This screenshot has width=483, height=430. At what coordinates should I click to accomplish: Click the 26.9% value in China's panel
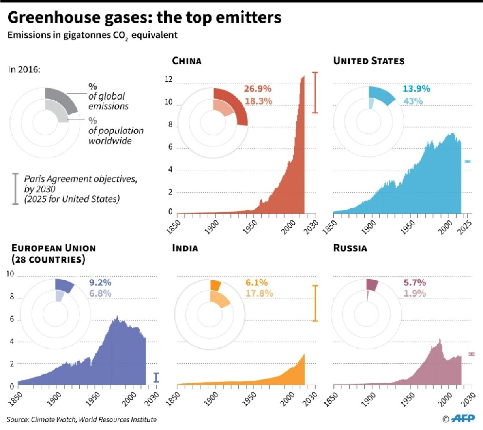[x=257, y=89]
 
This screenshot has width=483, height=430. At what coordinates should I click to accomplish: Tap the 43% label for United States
[x=413, y=101]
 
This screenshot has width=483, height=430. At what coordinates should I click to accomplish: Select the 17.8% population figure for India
[x=259, y=293]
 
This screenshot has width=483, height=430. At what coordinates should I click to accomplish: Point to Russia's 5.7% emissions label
[x=414, y=283]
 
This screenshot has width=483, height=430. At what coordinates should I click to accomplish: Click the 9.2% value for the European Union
[x=100, y=283]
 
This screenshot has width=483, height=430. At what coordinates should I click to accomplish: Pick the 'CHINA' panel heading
[x=187, y=61]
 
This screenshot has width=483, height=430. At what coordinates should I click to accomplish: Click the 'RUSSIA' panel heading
[x=350, y=248]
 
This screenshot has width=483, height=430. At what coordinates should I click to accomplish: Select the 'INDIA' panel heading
[x=185, y=248]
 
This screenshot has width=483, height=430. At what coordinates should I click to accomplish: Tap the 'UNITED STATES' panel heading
[x=369, y=61]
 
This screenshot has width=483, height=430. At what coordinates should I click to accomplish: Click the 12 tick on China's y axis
[x=168, y=80]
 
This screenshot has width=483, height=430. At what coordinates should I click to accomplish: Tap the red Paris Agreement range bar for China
[x=315, y=93]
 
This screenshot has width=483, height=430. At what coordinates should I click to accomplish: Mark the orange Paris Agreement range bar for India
[x=315, y=303]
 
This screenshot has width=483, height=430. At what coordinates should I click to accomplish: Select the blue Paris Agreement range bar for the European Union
[x=156, y=377]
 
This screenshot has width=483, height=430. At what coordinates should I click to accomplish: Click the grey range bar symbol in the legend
[x=15, y=189]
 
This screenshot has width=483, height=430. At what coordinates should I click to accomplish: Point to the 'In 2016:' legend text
[x=24, y=69]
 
